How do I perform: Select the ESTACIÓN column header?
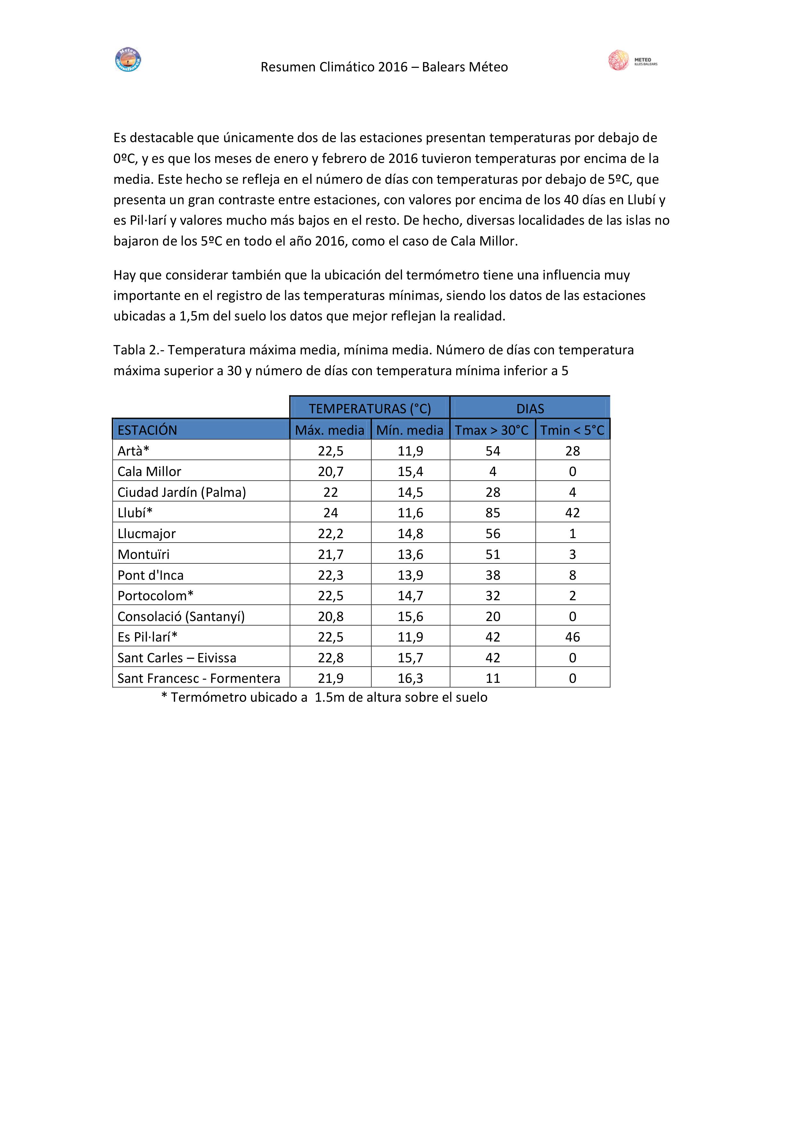(x=147, y=430)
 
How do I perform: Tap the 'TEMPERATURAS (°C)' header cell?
(x=370, y=408)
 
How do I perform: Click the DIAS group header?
(x=530, y=408)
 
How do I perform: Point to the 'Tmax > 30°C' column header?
(x=492, y=430)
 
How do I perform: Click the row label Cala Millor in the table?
(x=149, y=472)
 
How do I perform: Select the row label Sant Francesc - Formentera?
(x=198, y=678)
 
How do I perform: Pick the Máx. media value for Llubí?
(x=331, y=513)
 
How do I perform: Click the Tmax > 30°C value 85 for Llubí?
(x=493, y=513)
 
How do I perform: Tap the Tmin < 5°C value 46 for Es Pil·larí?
(x=573, y=637)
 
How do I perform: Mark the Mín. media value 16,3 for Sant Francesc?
(x=410, y=678)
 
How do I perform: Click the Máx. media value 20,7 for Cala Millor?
(x=331, y=472)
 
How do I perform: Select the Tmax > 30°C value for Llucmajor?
(x=493, y=534)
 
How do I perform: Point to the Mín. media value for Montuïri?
(x=410, y=554)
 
